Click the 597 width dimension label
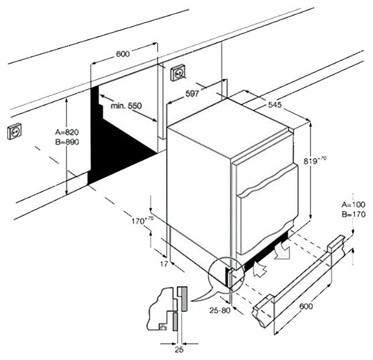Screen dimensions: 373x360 [x=192, y=94]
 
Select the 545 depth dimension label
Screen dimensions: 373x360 [x=275, y=105]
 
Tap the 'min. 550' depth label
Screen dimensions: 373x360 [x=126, y=106]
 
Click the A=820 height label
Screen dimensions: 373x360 [x=67, y=131]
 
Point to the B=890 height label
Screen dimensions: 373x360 [x=67, y=142]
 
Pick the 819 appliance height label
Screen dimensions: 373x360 [x=315, y=160]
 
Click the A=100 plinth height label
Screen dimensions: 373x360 [x=354, y=204]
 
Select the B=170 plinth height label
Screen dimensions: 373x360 [x=354, y=215]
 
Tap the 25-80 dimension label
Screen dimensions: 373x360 [x=220, y=310]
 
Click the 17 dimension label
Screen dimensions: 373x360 [x=163, y=264]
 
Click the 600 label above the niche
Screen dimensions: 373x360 [x=123, y=54]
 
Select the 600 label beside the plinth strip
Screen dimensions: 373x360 [x=306, y=306]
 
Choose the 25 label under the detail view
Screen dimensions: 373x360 [x=179, y=350]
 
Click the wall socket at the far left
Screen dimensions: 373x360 [x=14, y=131]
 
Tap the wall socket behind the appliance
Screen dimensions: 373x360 [x=178, y=73]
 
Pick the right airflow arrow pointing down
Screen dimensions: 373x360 [x=283, y=250]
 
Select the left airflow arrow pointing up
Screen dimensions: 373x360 [x=260, y=269]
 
